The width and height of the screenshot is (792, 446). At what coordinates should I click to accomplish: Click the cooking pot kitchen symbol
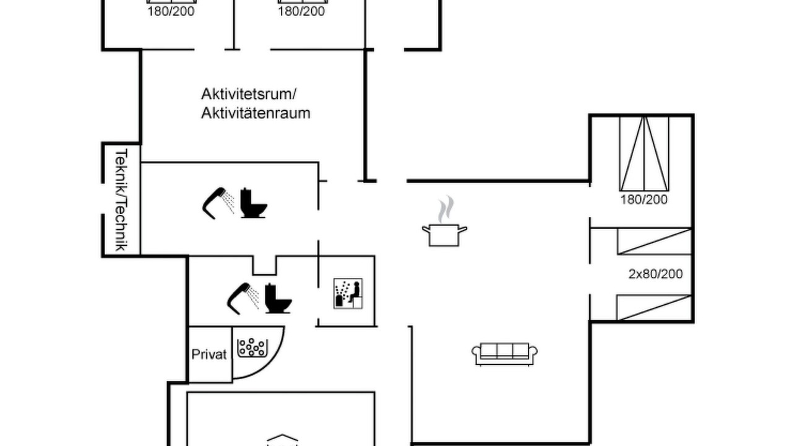(x=444, y=235)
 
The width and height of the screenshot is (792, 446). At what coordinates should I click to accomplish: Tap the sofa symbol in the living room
(x=504, y=354)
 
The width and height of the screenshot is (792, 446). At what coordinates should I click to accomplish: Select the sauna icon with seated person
(x=348, y=294)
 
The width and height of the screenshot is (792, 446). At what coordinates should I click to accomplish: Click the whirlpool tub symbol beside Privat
(x=252, y=348)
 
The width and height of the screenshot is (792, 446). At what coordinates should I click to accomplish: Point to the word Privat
(x=209, y=354)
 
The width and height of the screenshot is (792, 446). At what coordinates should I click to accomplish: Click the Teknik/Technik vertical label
(x=121, y=199)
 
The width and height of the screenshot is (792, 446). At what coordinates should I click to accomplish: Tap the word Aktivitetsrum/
(x=249, y=94)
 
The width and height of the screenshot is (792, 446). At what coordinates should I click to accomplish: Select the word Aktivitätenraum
(x=256, y=113)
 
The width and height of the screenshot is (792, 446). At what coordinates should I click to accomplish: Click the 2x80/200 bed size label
(x=655, y=274)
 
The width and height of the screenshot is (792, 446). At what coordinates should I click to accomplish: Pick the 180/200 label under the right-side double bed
(x=644, y=199)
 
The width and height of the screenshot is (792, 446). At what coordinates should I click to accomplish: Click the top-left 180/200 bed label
(x=171, y=11)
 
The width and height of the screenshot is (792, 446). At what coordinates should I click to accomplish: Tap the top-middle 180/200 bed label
(x=301, y=11)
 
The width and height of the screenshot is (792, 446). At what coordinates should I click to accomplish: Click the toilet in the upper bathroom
(x=253, y=203)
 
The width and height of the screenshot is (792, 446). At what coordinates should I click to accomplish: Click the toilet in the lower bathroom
(x=278, y=299)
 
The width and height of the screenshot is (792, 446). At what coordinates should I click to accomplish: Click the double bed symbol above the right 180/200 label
(x=644, y=154)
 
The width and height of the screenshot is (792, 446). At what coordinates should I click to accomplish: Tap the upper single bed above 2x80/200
(x=654, y=242)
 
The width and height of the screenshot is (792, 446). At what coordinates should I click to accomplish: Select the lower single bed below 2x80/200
(x=654, y=308)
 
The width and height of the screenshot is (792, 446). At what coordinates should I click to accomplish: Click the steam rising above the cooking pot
(x=446, y=209)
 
